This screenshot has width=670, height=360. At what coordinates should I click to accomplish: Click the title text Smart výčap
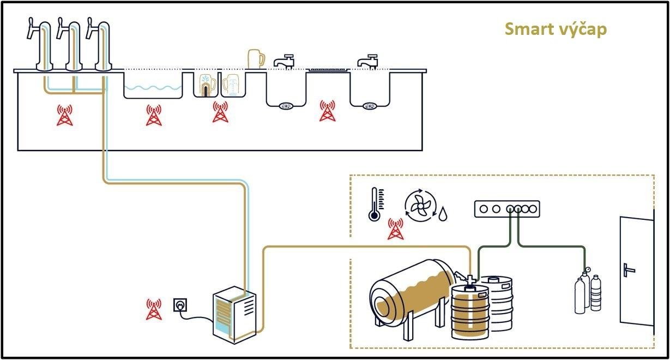click(556, 29)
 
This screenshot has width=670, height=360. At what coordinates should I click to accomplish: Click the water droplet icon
click(444, 213)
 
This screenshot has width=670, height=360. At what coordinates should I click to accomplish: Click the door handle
click(629, 269)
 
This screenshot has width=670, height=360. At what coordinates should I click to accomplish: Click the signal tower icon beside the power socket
click(154, 309)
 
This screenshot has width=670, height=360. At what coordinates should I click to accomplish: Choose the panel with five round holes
click(507, 208)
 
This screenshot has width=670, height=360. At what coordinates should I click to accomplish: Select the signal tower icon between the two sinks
click(327, 111)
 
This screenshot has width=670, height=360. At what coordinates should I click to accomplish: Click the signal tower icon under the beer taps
click(65, 115)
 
